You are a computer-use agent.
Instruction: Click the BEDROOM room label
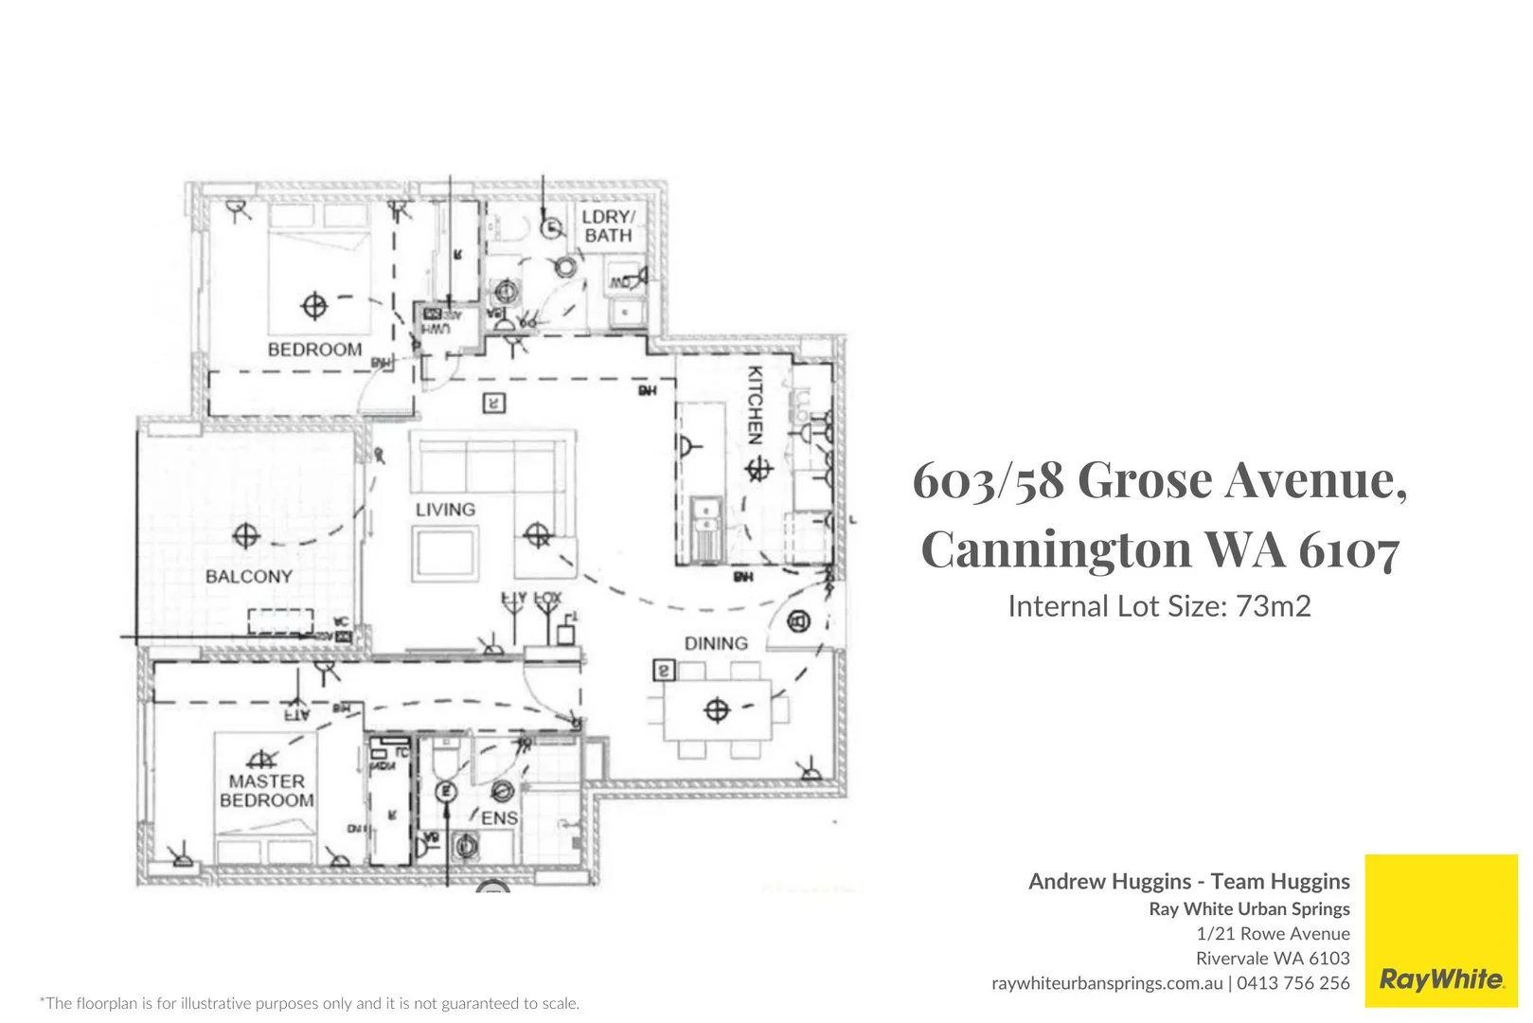click(314, 350)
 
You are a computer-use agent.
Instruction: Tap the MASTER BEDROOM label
click(266, 791)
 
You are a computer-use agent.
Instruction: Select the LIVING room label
click(445, 510)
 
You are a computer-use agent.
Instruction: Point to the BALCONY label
click(248, 576)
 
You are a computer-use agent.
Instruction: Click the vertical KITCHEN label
click(755, 405)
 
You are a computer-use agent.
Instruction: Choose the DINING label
click(716, 643)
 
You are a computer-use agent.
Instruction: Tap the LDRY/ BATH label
click(608, 225)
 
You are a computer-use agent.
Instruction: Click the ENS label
click(499, 817)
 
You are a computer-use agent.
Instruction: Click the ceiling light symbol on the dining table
click(717, 709)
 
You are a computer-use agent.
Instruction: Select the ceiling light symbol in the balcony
click(246, 535)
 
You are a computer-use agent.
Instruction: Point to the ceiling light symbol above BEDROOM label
click(314, 306)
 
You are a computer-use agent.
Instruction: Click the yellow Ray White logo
click(1440, 930)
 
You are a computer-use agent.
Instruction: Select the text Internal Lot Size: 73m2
click(1159, 606)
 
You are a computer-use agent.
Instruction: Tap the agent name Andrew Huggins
click(1109, 881)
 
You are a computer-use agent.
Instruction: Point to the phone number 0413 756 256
click(1292, 983)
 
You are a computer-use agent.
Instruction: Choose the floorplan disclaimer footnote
click(310, 1003)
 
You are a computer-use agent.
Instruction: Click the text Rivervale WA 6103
click(1272, 959)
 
